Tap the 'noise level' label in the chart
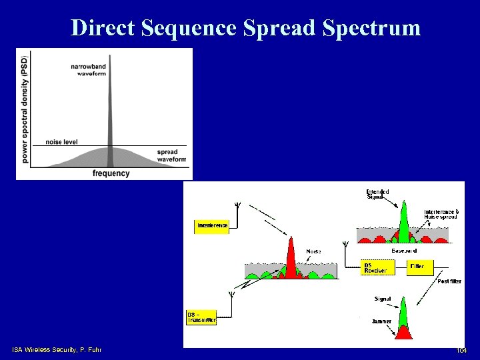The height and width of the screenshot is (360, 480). (x=62, y=141)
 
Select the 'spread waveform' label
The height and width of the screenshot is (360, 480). (x=171, y=155)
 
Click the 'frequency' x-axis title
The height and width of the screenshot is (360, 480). (x=111, y=173)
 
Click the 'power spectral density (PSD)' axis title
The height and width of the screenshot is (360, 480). (x=25, y=109)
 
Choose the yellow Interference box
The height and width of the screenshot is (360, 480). (x=212, y=225)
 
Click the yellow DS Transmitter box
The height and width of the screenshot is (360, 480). (x=201, y=317)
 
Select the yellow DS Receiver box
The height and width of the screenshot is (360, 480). (x=375, y=267)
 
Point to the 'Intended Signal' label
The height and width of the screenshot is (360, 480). (x=377, y=194)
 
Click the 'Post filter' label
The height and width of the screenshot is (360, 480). (x=449, y=281)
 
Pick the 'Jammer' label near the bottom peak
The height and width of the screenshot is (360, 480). (x=381, y=321)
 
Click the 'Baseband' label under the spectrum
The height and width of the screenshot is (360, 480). (x=404, y=251)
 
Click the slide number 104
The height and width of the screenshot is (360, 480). (x=461, y=351)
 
